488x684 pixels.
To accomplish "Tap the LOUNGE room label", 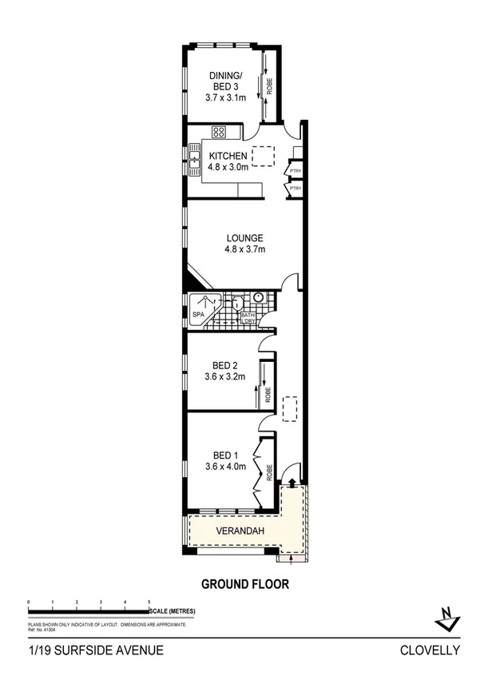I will tap(244, 238).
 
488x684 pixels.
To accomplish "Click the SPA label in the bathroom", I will tap(199, 316).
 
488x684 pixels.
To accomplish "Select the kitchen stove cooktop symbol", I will tap(219, 132).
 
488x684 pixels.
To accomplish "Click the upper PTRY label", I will tap(296, 169).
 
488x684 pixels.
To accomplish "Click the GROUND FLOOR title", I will tap(244, 584).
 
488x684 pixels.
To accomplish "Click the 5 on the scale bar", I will tap(149, 601).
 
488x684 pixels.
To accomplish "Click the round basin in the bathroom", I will tap(258, 297).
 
